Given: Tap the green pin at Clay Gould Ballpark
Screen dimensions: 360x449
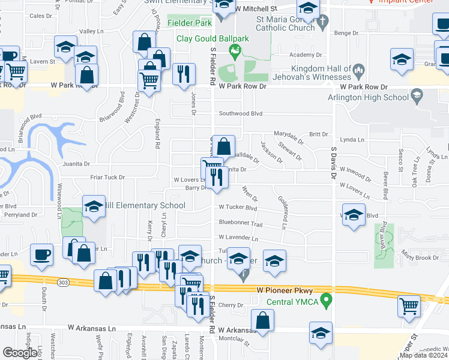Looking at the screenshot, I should click(x=235, y=53).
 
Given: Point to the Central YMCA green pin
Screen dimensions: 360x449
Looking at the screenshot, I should click(x=326, y=299).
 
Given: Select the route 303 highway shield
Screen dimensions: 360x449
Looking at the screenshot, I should click(x=62, y=281).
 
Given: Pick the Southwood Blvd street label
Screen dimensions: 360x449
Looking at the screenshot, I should click(x=241, y=113).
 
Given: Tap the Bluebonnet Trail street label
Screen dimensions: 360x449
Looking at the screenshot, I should click(x=241, y=223).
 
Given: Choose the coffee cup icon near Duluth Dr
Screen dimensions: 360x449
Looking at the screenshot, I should click(x=41, y=254).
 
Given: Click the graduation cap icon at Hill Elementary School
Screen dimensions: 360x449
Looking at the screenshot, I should click(x=93, y=206).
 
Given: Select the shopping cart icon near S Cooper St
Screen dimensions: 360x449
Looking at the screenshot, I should click(x=409, y=305).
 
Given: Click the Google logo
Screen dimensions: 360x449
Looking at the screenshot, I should click(x=20, y=353).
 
